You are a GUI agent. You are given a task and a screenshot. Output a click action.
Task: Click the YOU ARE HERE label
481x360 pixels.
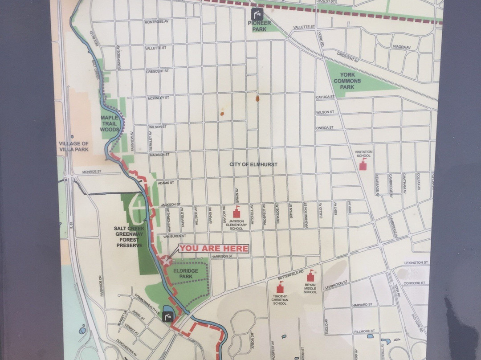[x=214, y=249]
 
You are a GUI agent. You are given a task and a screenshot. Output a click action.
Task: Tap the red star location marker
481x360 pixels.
[x=167, y=261]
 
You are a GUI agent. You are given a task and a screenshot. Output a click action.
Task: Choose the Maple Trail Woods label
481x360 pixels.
[x=110, y=123]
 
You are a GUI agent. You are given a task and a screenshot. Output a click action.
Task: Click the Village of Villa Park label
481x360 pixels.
[x=74, y=146]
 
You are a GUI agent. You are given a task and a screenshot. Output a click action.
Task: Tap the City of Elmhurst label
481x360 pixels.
[x=253, y=164]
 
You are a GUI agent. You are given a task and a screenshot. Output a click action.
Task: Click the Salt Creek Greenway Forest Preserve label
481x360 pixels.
[x=128, y=237]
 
